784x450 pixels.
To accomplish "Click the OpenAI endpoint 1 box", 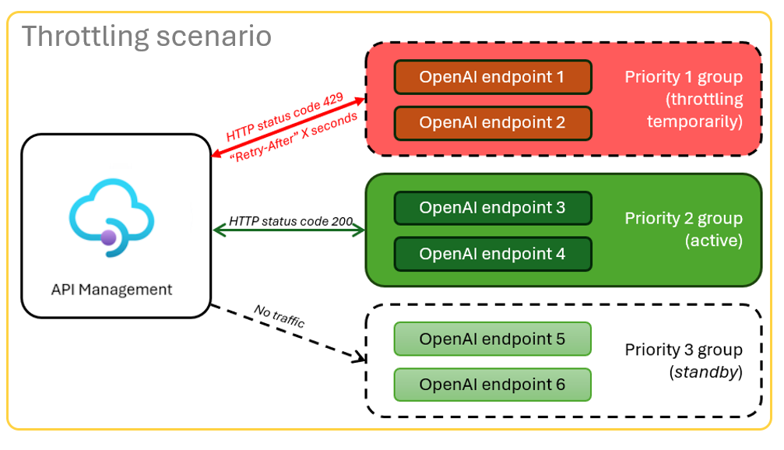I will (x=493, y=77).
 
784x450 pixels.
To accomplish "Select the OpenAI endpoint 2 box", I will (x=493, y=123).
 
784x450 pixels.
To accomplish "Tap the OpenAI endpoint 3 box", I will (x=493, y=208).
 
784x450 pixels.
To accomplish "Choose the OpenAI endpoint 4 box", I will (x=493, y=254).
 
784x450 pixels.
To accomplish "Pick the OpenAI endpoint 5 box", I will (x=493, y=339).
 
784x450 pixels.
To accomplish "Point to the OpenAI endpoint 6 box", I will (x=493, y=385).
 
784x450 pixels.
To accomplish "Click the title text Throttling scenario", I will (x=146, y=36).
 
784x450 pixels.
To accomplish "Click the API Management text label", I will (x=111, y=290).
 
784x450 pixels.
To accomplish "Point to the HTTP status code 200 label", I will (x=290, y=221).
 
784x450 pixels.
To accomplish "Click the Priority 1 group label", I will (x=684, y=78).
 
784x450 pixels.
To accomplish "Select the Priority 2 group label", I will (x=684, y=219).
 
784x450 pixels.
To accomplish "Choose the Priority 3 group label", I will (x=684, y=350).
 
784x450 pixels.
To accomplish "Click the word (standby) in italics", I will (x=705, y=373).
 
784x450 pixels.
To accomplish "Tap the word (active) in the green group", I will (x=713, y=241).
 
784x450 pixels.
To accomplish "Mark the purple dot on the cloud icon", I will (x=109, y=237).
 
